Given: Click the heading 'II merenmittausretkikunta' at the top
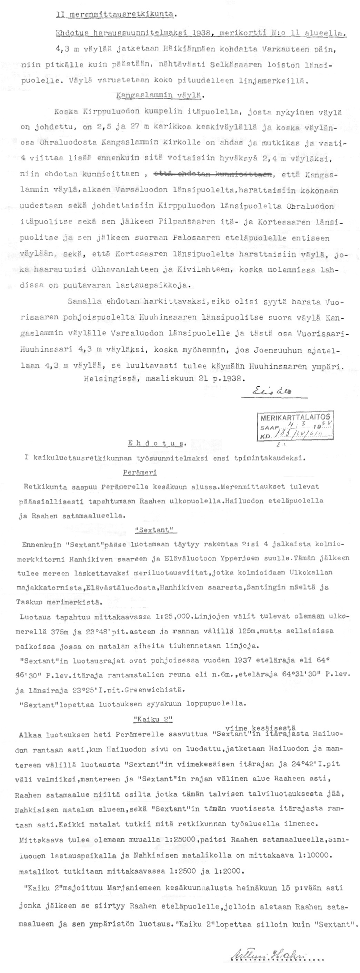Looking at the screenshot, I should [115, 14].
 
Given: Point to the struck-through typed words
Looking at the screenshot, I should [214, 174].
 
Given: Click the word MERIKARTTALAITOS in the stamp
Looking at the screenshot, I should [296, 417].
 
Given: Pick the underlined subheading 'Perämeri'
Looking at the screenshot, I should [140, 473].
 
